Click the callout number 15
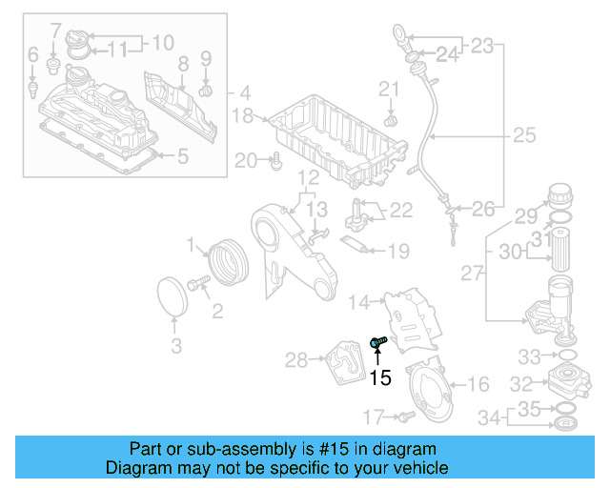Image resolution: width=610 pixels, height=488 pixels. [379, 377]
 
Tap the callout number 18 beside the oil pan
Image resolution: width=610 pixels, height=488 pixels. [243, 116]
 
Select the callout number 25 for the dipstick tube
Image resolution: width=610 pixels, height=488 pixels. [524, 136]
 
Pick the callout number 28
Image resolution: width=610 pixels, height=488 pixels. [296, 359]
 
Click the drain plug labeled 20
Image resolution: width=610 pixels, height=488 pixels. [275, 162]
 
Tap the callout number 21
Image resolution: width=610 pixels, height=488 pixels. [389, 90]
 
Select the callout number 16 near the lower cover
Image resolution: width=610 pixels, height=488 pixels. [478, 384]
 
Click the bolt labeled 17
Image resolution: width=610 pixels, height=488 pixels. [404, 416]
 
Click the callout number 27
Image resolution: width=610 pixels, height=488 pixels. [472, 274]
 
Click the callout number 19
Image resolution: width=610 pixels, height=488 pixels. [398, 252]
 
